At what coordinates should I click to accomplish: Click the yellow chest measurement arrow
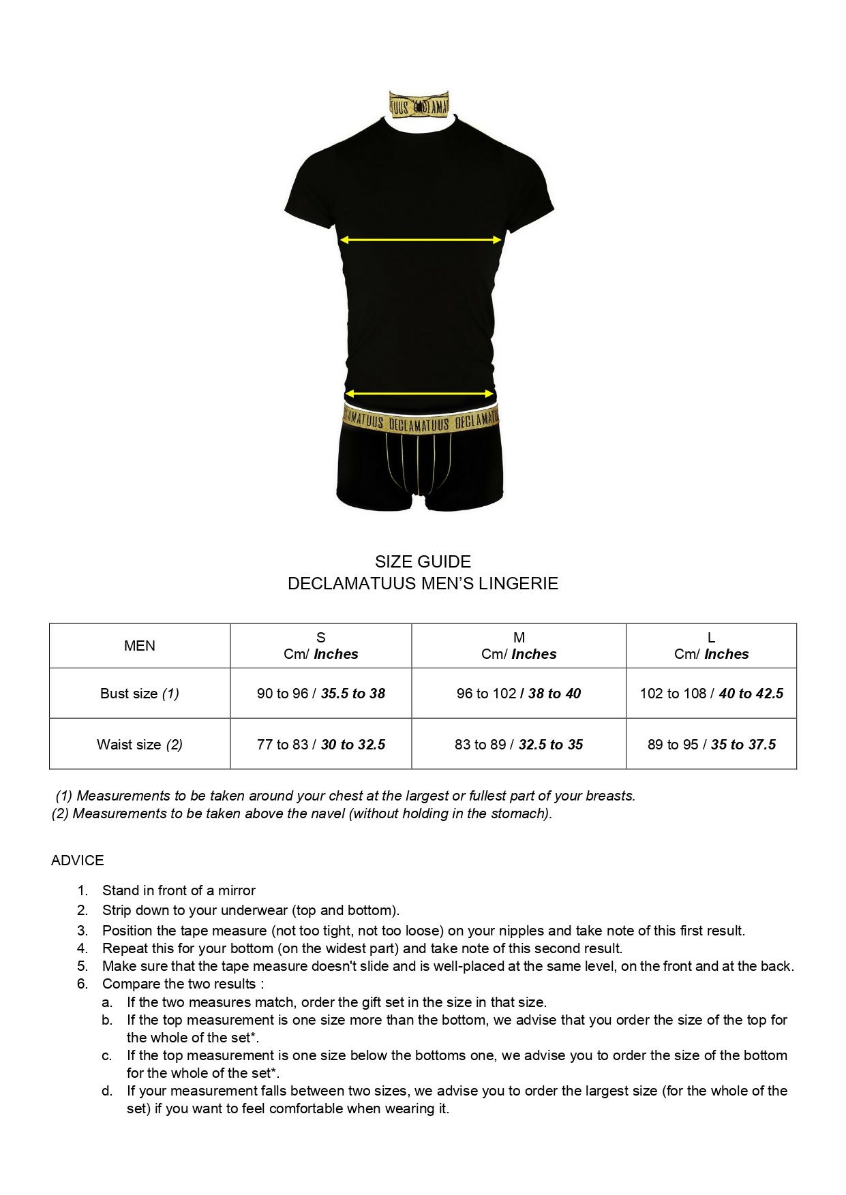(x=421, y=240)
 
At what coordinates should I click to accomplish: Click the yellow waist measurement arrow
(x=419, y=394)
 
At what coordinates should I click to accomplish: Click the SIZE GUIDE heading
(x=423, y=562)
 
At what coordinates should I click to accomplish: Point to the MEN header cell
(x=140, y=646)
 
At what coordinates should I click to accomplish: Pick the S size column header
(x=321, y=646)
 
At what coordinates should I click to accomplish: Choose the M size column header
(x=519, y=646)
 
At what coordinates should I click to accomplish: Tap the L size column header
(x=711, y=646)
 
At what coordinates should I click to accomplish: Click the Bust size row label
(x=140, y=694)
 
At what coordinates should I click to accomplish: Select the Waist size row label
(x=140, y=745)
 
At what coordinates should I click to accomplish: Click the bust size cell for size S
(x=321, y=694)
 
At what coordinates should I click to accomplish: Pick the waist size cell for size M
(x=519, y=745)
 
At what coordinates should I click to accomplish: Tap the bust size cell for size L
(x=711, y=694)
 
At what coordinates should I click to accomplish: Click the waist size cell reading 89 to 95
(x=711, y=745)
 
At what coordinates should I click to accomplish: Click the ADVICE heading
(x=78, y=860)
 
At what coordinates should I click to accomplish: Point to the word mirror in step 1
(x=237, y=890)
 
